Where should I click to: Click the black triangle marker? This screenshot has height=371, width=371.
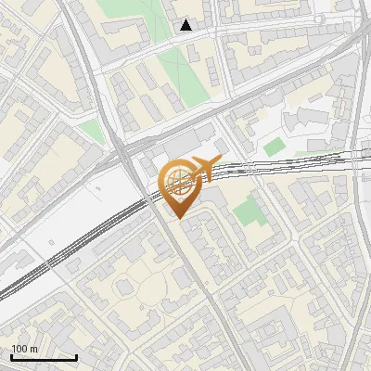(186, 25)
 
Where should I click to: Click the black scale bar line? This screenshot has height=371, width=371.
(44, 358)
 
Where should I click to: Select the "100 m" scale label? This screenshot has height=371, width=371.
(24, 349)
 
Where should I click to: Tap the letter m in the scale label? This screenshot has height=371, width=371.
(33, 349)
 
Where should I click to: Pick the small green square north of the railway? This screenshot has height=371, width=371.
(273, 147)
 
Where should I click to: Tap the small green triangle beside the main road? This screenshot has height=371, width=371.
(89, 131)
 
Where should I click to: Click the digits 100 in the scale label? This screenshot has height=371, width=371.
(19, 349)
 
